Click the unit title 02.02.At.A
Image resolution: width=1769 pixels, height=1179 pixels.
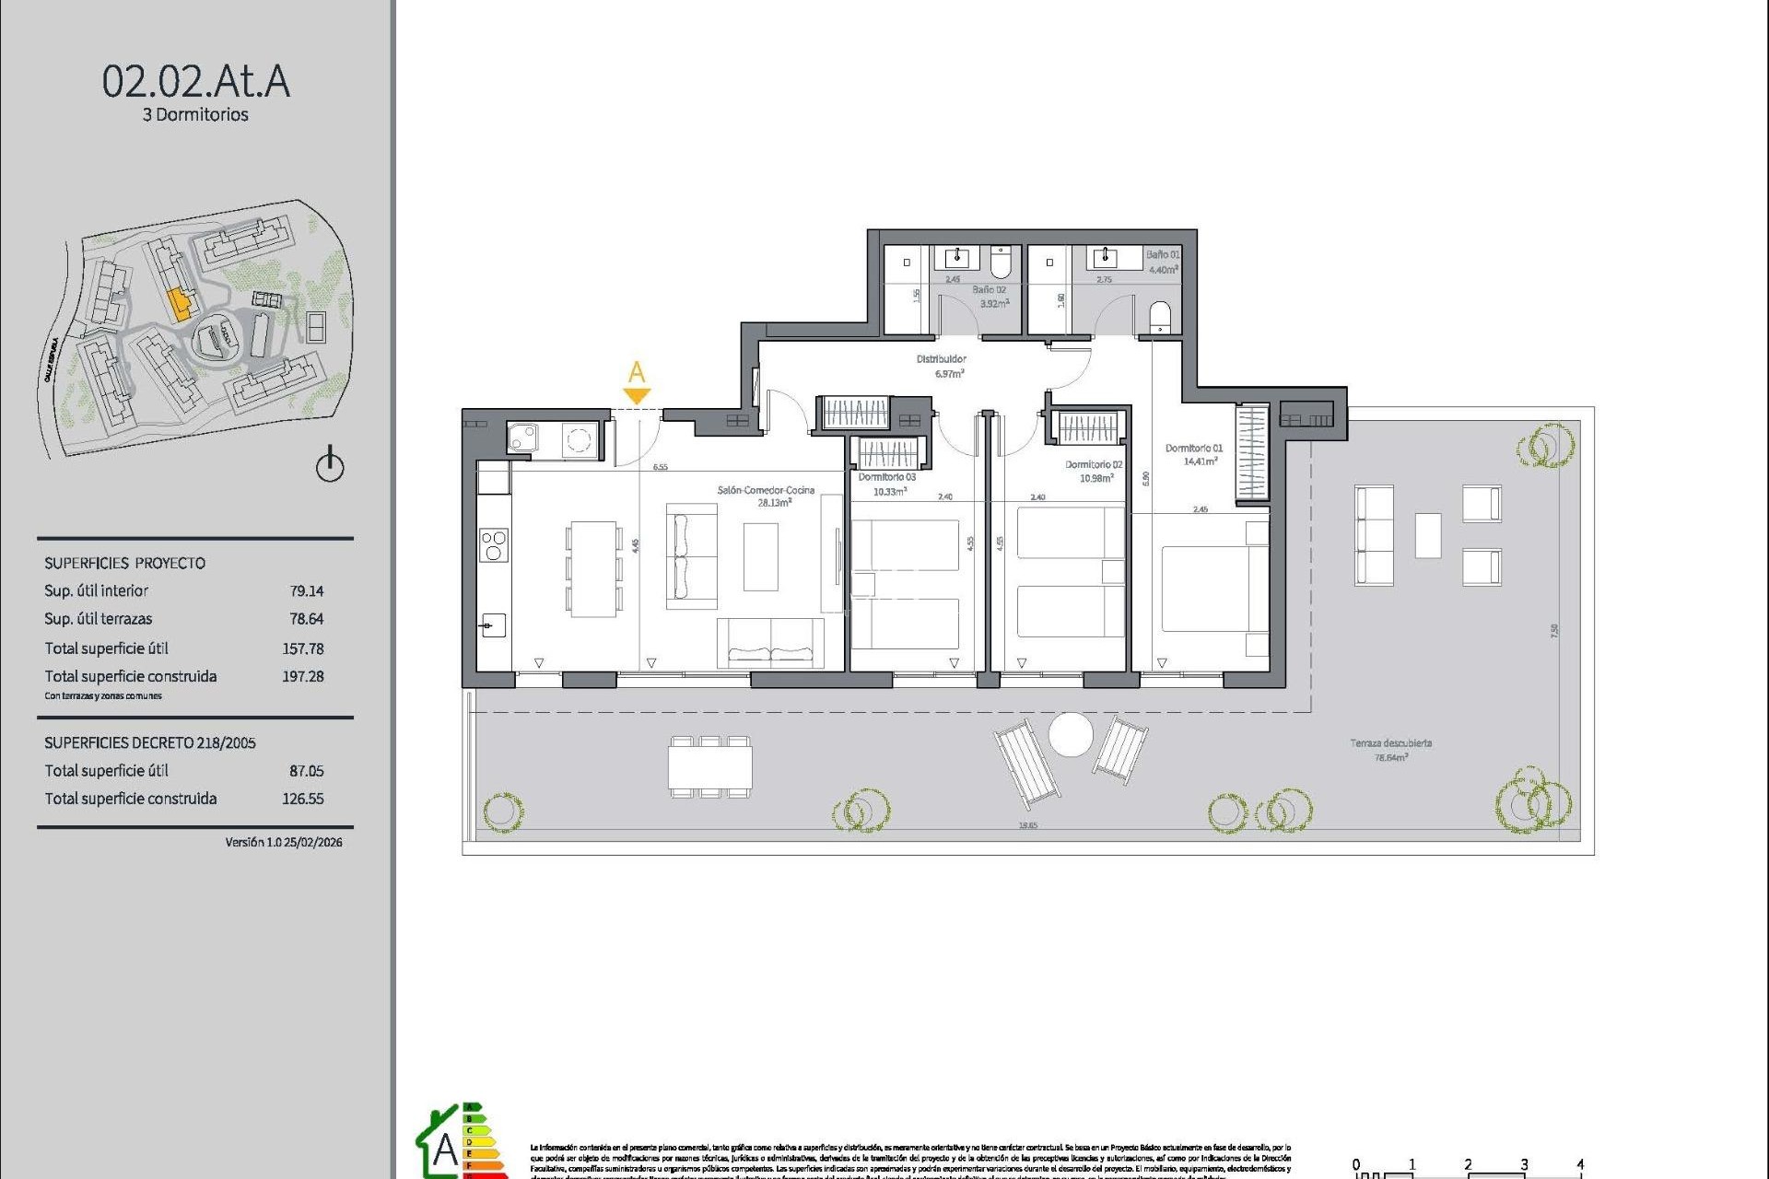point(195,82)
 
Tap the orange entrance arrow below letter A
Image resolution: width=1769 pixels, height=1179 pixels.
point(637,396)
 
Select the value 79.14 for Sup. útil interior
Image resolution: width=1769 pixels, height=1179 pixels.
point(307,591)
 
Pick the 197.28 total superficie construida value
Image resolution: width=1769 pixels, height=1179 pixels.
point(303,676)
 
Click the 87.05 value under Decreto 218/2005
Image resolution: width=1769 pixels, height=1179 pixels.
point(307,771)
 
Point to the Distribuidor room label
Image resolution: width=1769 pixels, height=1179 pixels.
point(941,359)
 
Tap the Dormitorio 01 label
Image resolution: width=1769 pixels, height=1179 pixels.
point(1193,449)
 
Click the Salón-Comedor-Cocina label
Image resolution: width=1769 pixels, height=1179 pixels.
point(766,490)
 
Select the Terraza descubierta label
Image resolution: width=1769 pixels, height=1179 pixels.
point(1391,743)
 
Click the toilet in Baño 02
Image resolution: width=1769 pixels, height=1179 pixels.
point(1001,262)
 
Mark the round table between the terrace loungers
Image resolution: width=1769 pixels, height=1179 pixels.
point(1071,735)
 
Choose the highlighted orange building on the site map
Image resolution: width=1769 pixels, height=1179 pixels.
point(180,303)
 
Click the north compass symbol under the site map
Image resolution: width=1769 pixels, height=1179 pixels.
point(330,465)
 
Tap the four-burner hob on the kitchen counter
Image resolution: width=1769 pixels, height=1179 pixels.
point(493,545)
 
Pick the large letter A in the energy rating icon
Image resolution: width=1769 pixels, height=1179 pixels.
point(445,1150)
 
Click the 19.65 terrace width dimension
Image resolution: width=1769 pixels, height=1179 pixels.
point(1028,825)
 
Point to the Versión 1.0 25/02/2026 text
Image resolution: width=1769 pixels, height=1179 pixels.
point(284,842)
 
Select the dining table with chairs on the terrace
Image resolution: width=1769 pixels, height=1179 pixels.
point(709,766)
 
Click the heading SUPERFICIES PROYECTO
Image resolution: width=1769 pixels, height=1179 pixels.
point(125,563)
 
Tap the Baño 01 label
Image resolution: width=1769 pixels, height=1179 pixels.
point(1162,255)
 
